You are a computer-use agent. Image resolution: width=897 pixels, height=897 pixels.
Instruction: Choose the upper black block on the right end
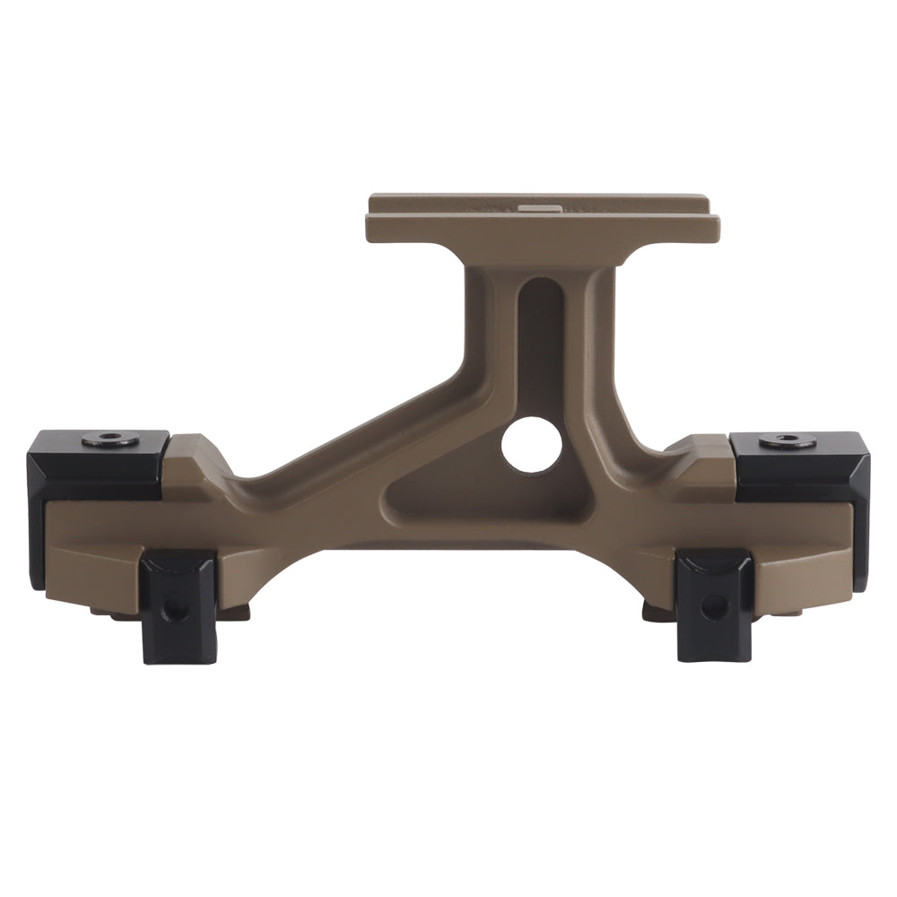(x=798, y=465)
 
